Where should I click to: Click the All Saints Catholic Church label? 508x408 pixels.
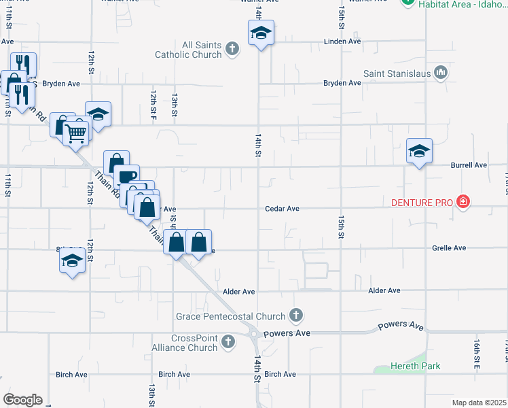[188, 50]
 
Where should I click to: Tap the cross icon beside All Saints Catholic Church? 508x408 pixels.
[232, 48]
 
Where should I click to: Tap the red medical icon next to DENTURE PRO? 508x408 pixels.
[463, 201]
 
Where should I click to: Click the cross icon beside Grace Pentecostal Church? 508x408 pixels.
[295, 315]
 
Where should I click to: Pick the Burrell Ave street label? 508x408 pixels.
[469, 165]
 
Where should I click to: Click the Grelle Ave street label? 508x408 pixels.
[449, 248]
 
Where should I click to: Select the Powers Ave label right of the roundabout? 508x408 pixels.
[287, 334]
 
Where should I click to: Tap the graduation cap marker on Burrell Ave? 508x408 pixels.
[419, 151]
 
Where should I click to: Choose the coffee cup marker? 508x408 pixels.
[126, 177]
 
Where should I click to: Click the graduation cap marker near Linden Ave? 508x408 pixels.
[260, 33]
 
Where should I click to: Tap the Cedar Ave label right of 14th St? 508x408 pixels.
[283, 209]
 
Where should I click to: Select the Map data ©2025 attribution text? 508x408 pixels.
[479, 403]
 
